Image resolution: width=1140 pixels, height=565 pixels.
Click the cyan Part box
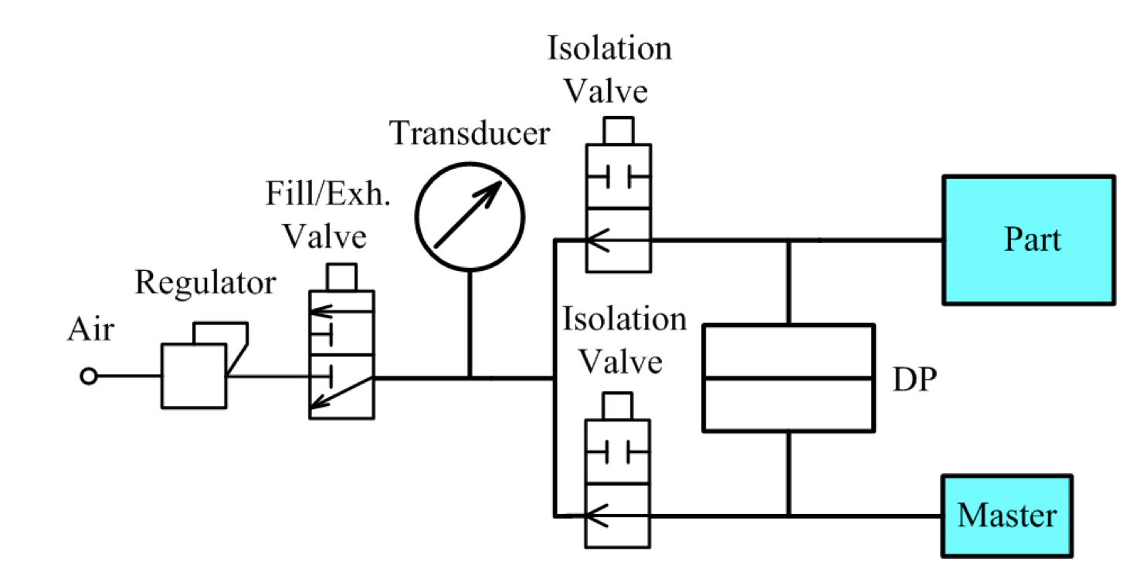point(1028,239)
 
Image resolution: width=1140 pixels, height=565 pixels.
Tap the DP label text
point(912,380)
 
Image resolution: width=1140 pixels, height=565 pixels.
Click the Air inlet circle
point(90,377)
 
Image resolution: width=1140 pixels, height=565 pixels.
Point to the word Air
point(90,331)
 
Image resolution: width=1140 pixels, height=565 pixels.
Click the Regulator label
point(205,284)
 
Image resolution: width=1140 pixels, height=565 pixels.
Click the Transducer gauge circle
point(470,217)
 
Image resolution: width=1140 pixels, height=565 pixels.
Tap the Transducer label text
point(470,134)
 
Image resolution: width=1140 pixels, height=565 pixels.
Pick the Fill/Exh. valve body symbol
point(341,355)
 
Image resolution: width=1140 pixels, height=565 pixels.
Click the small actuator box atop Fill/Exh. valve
point(342,276)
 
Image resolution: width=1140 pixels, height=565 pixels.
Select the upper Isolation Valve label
point(609,70)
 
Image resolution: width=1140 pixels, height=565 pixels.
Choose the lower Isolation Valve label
point(624,340)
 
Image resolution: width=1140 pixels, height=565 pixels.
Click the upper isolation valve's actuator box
point(618,130)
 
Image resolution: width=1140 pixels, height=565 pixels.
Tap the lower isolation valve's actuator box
point(618,406)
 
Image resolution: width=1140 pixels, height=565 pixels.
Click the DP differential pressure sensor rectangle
point(789,377)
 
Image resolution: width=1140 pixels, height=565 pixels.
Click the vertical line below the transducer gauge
point(470,324)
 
